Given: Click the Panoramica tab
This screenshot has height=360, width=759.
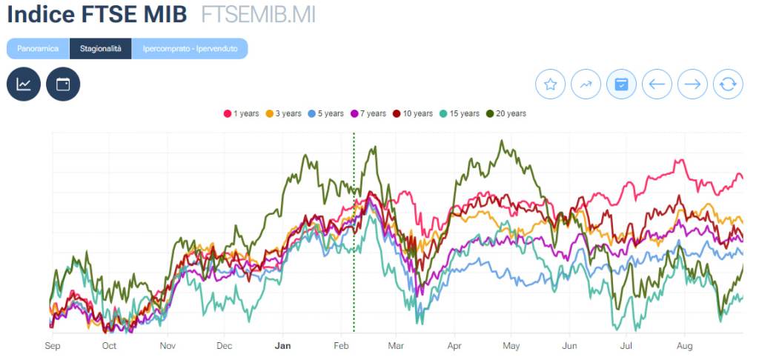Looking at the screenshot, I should coord(38,48).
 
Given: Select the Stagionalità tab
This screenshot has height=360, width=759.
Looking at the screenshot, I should coord(100,48).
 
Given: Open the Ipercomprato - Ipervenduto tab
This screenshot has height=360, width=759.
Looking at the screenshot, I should coord(190,48).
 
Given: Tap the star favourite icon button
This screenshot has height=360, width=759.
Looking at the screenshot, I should coord(550,84).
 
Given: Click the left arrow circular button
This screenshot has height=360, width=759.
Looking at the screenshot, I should coord(657,84).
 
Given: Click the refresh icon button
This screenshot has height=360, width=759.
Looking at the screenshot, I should coord(728,84).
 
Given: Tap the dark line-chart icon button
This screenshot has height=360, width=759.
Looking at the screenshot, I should coord(24,84).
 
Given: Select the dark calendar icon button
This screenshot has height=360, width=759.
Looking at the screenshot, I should coord(63,84).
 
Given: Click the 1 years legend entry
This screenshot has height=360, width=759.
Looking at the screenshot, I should coord(242,113).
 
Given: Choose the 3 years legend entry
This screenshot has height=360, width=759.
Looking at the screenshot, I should coord(284,113).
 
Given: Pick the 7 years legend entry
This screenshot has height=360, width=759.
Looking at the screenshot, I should coord(368,113).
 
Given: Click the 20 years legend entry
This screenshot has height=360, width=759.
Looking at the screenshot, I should coord(506,113).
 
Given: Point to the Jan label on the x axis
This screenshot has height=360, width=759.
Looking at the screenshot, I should coord(282,346).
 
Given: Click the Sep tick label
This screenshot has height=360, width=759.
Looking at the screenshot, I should coord(52,346).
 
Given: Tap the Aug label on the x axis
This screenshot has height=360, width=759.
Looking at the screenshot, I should coord(685,346).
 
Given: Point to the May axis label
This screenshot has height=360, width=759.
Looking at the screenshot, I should coord(511,346).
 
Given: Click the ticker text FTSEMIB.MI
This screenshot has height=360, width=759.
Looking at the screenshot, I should coord(258,15).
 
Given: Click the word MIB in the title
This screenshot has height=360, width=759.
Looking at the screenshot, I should coord(159,15).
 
